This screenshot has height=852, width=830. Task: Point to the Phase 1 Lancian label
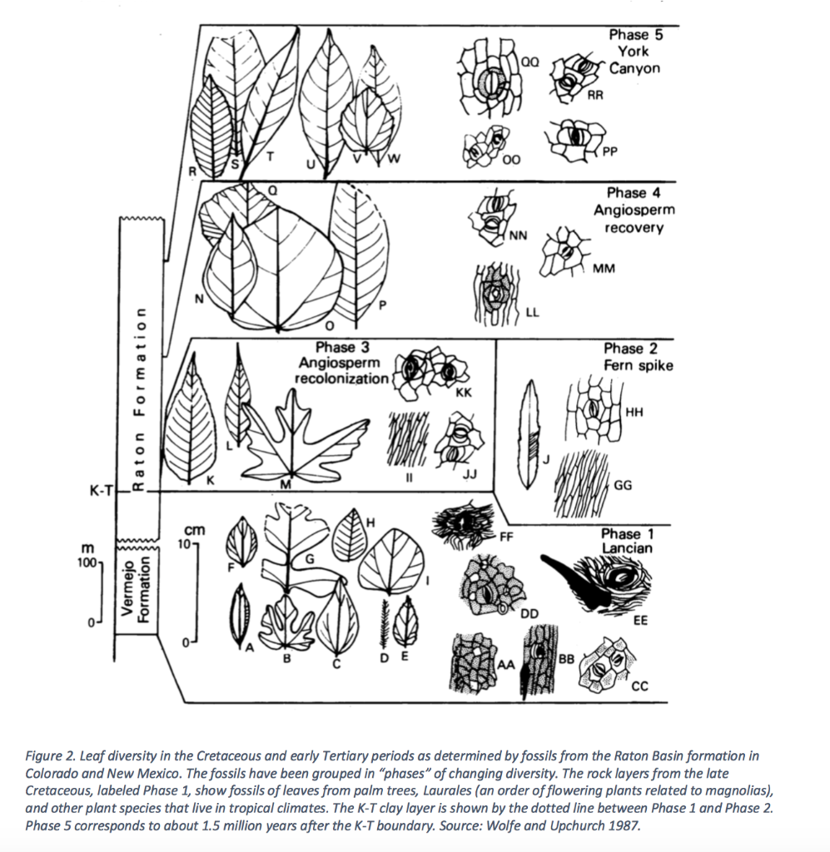coord(626,541)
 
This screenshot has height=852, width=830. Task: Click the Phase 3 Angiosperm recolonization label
coord(342,363)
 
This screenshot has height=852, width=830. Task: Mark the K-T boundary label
coord(101,491)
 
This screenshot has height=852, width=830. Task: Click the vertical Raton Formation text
coord(140,399)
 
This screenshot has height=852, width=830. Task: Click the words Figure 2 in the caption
coord(52,755)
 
